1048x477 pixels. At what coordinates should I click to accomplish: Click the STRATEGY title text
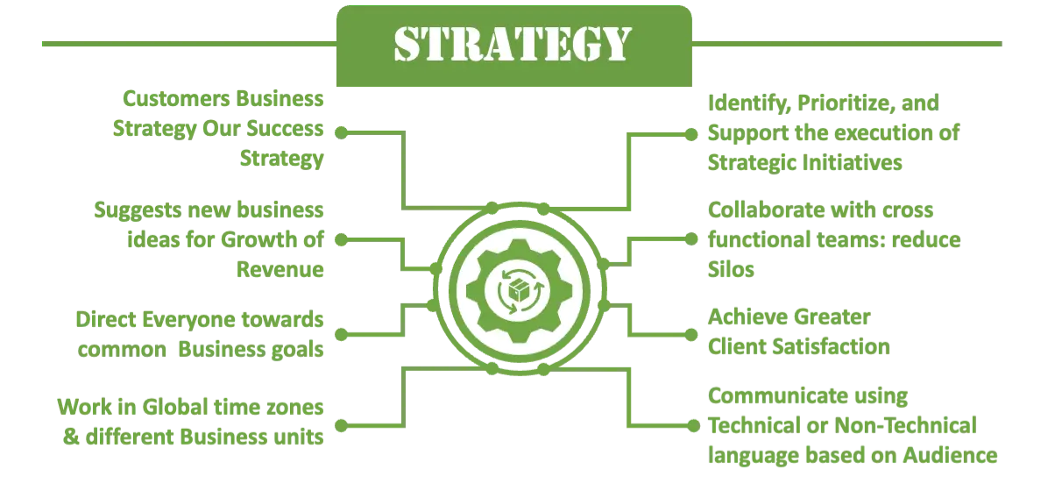coord(512,43)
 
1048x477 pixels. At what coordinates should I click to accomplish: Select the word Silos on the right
coord(731,270)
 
